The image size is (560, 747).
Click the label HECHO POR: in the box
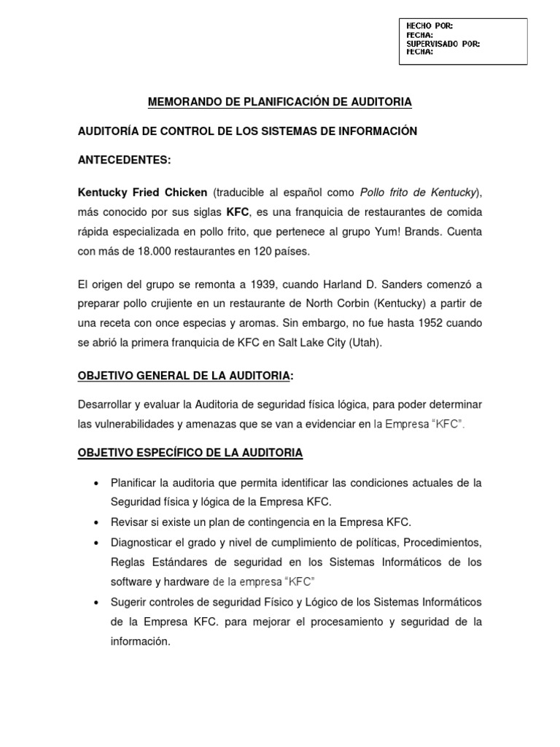click(x=429, y=26)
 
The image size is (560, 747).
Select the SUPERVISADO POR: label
click(x=443, y=44)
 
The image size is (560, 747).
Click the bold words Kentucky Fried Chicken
click(x=142, y=193)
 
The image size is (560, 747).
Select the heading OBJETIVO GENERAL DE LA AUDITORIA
click(x=183, y=376)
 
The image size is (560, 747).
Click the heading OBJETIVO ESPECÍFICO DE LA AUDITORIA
click(x=190, y=453)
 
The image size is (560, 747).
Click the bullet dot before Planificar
click(x=96, y=484)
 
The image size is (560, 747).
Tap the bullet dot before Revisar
click(x=96, y=523)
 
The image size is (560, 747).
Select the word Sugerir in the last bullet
click(x=129, y=602)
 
